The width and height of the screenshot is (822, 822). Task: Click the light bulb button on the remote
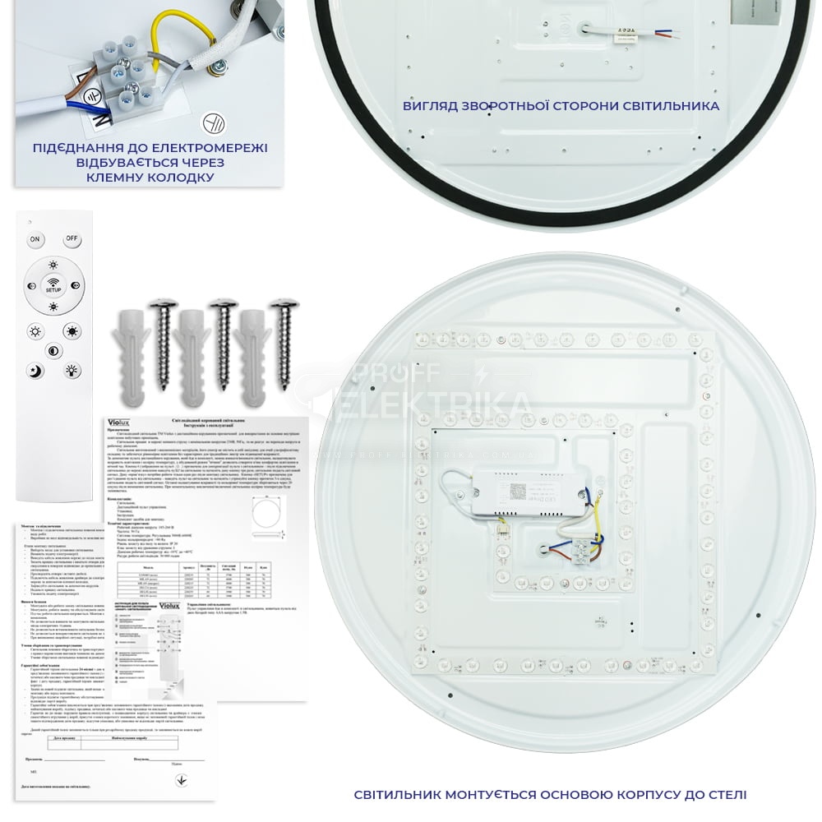(x=72, y=371)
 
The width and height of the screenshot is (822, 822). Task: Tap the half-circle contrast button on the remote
(x=53, y=351)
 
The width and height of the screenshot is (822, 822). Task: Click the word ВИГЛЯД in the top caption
(x=432, y=106)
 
